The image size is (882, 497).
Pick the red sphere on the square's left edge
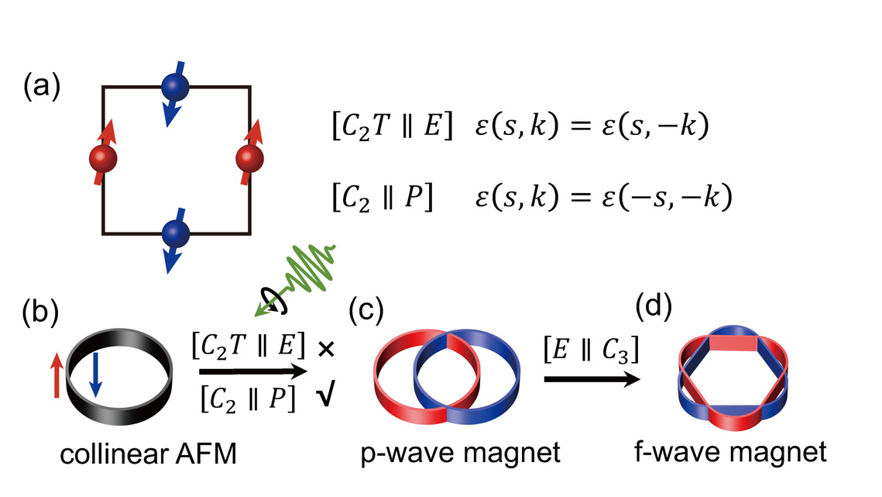(x=103, y=159)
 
